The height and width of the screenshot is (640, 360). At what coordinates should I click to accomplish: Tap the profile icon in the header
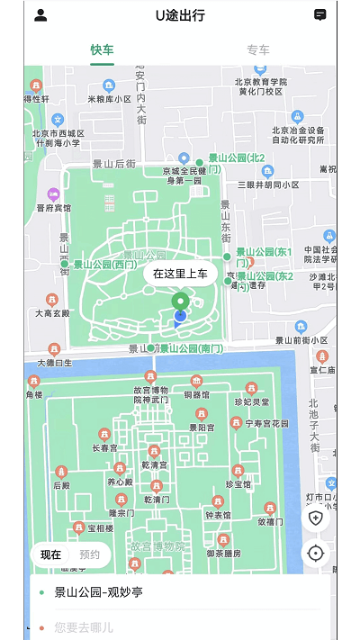click(40, 15)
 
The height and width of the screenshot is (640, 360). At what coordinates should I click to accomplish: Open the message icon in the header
click(319, 15)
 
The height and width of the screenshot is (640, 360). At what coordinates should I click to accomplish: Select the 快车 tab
click(102, 50)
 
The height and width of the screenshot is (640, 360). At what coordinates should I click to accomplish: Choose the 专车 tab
click(258, 50)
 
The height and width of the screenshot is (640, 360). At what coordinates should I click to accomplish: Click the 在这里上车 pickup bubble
click(180, 274)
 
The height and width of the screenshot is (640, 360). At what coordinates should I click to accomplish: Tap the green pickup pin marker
click(180, 300)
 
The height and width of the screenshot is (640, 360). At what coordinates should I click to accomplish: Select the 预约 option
click(90, 554)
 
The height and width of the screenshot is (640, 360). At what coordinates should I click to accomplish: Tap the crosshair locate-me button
click(315, 553)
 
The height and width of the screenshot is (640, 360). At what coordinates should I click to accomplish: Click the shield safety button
click(315, 518)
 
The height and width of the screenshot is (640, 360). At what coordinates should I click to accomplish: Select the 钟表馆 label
click(220, 515)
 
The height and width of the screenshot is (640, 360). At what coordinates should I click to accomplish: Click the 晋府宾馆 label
click(53, 207)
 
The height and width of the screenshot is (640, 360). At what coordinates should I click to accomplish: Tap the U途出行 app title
click(180, 15)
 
